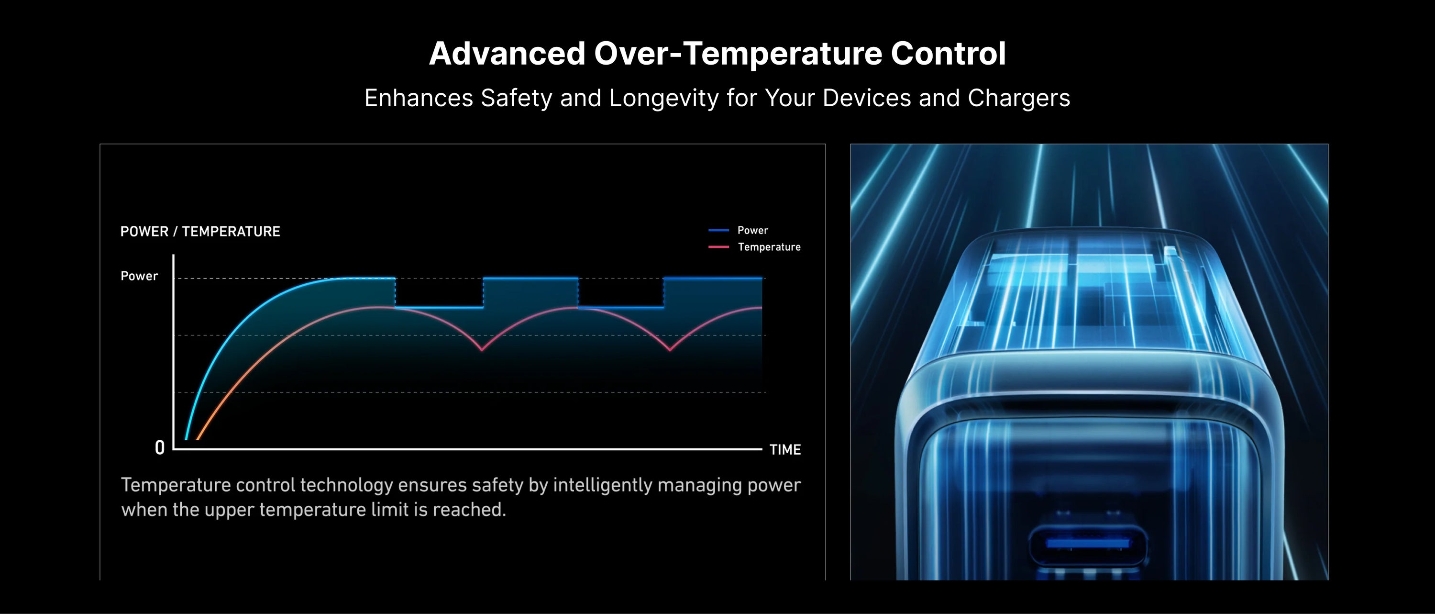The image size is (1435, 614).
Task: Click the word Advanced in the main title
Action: click(507, 54)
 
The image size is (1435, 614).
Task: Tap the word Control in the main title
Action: click(948, 54)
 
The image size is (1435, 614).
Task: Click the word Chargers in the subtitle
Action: click(1019, 99)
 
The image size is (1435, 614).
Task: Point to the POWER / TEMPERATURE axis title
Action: click(200, 231)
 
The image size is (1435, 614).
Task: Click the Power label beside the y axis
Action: click(139, 276)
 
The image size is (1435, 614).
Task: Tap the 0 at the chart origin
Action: click(160, 447)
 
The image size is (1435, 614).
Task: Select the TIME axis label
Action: click(785, 450)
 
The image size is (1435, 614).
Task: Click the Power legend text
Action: click(752, 230)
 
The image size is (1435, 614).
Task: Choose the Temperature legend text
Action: click(769, 247)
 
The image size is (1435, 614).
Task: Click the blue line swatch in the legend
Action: click(718, 230)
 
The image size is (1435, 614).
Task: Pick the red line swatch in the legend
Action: click(718, 247)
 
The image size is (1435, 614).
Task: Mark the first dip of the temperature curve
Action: click(482, 350)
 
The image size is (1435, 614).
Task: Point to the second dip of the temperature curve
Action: click(670, 350)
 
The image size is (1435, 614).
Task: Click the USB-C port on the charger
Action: click(1087, 543)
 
